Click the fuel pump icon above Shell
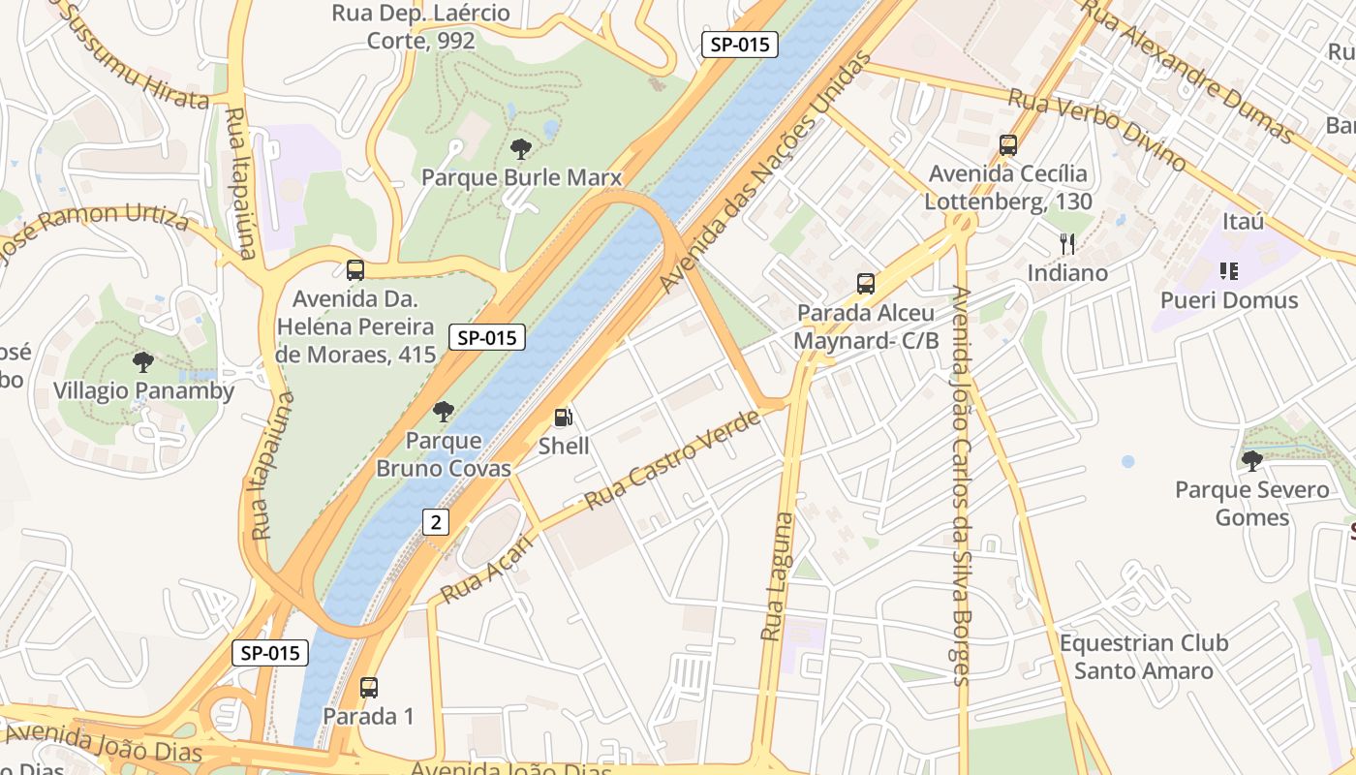tap(563, 418)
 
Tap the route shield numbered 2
tap(436, 522)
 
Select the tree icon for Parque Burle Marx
tap(521, 149)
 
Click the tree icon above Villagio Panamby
tap(143, 363)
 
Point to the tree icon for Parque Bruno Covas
tap(444, 412)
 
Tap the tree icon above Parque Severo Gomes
tap(1252, 461)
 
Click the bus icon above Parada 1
tap(368, 688)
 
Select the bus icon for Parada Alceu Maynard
tap(866, 284)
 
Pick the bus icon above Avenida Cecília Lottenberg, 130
tap(1008, 145)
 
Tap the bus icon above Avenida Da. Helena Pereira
tap(355, 270)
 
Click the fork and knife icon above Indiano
tap(1067, 244)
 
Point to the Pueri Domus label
tap(1229, 300)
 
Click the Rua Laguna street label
tap(777, 576)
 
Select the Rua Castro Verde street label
tap(673, 460)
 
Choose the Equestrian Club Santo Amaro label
tap(1143, 657)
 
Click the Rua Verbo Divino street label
tap(1096, 129)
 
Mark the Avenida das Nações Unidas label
tap(758, 199)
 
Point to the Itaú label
tap(1243, 222)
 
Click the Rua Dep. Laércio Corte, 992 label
tap(420, 27)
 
